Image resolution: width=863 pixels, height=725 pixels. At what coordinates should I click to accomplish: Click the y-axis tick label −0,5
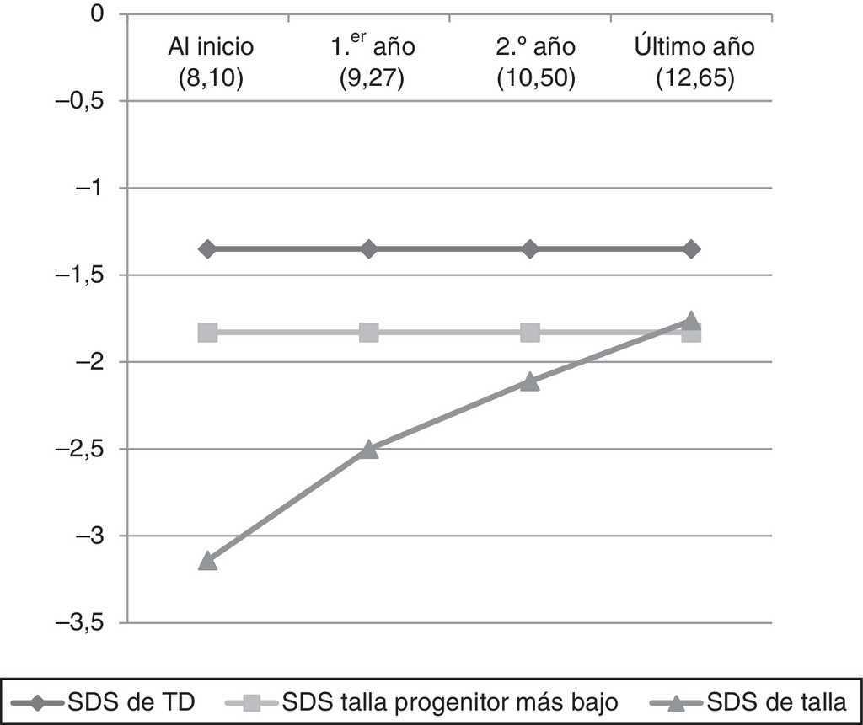(82, 101)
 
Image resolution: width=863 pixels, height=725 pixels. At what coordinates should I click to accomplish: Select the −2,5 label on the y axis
(82, 449)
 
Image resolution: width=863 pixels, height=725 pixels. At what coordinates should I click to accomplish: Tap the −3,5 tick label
(82, 623)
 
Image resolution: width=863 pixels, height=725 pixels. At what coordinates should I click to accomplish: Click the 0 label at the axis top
(98, 14)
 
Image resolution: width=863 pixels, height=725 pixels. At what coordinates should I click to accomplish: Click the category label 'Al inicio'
(209, 47)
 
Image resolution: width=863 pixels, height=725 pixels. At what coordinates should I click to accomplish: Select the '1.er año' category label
(372, 47)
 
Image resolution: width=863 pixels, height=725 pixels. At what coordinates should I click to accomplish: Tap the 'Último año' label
(694, 47)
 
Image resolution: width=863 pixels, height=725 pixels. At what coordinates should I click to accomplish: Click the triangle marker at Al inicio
(207, 561)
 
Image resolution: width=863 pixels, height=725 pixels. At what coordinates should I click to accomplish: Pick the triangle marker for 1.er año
(368, 449)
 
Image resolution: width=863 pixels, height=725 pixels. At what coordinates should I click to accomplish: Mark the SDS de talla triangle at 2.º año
(530, 381)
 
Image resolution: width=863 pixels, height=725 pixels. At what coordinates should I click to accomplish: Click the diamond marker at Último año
(691, 249)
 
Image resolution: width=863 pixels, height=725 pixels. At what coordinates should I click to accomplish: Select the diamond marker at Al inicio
(207, 249)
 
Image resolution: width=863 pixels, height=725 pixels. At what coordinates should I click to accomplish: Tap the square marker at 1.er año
(368, 333)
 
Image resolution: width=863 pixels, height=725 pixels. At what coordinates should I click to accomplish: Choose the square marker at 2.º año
(530, 333)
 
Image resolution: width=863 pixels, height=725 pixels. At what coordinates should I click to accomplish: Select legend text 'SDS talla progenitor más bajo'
(451, 701)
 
